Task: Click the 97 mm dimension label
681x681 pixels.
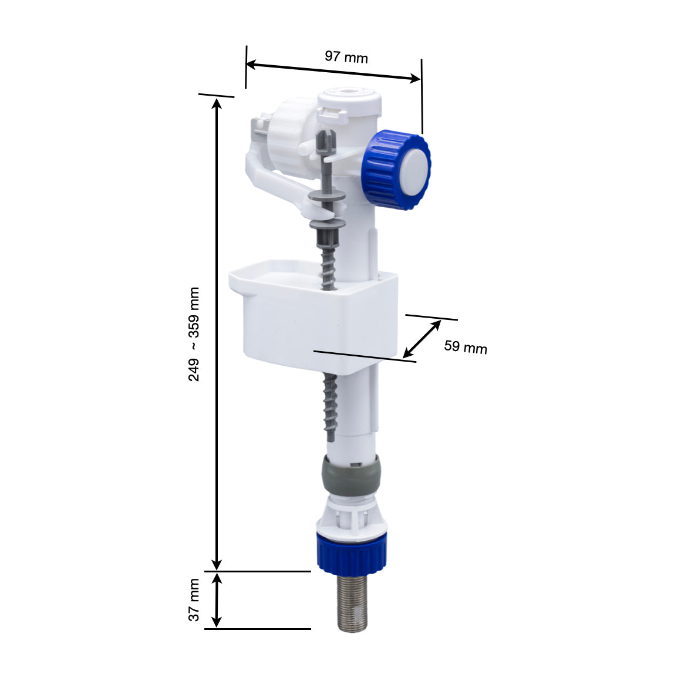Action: [346, 57]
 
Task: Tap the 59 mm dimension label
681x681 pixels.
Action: [466, 347]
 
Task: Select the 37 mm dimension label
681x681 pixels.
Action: [194, 600]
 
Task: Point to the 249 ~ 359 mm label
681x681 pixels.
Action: [194, 334]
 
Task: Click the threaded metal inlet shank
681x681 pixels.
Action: [352, 602]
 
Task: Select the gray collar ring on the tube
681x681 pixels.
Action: [350, 476]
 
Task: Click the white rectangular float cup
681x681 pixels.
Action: [313, 315]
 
